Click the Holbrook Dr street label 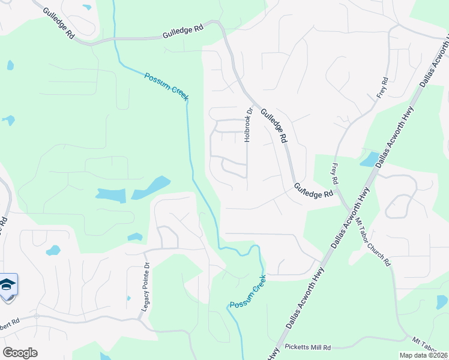[x=247, y=125]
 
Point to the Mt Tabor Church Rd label [x=373, y=241]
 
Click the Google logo [x=20, y=352]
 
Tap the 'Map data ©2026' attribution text [x=423, y=355]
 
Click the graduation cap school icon [x=7, y=284]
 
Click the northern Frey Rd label [x=382, y=88]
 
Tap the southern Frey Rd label [x=335, y=172]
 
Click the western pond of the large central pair [x=110, y=195]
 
